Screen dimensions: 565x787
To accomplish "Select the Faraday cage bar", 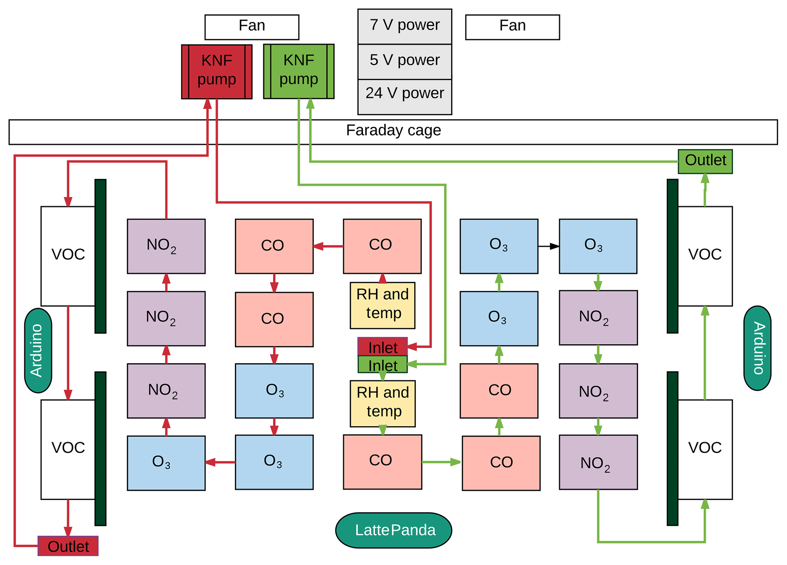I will coord(393,132).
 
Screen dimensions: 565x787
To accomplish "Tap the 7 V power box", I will coord(404,26).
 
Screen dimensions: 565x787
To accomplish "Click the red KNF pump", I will coord(217,72).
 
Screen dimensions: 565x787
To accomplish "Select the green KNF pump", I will coord(299,71).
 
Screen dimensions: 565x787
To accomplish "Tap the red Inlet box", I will coord(382,346).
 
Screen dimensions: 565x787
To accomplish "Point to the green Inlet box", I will coord(382,365).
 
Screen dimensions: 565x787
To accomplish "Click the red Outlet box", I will coord(68,546).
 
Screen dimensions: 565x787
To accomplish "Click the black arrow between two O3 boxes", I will coord(548,246).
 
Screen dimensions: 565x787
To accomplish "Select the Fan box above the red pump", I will coord(252,27).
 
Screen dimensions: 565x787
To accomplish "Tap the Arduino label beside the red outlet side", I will coord(38,350).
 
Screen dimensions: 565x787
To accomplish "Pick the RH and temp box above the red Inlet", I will coord(382,305).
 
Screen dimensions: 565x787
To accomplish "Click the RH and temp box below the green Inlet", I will coord(382,403).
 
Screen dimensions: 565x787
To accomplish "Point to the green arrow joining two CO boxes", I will coord(441,462).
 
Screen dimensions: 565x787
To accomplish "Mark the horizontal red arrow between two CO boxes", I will coord(328,246).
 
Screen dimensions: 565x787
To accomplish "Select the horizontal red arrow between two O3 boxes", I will coord(220,462).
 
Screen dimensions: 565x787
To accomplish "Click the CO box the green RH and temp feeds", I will coord(382,461).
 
